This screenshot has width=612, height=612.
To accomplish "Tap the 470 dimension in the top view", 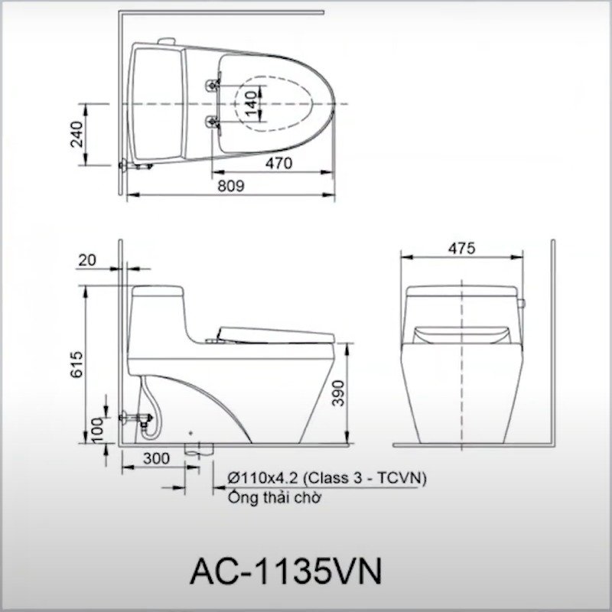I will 279,162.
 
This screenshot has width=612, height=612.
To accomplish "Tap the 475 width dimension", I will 462,249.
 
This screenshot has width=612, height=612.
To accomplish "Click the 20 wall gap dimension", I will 87,260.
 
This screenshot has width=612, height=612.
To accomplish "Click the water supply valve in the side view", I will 141,418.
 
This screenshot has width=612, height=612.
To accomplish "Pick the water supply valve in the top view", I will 136,163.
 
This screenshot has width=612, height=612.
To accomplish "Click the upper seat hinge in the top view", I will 212,84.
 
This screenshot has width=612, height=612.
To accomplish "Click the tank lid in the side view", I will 157,291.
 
